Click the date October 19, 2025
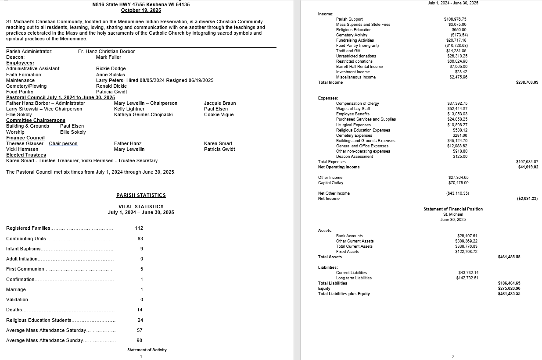pos(141,10)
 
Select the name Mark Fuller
pos(108,57)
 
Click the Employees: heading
pos(20,63)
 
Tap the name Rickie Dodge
pos(111,68)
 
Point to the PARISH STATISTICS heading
pos(141,195)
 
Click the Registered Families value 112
pos(139,228)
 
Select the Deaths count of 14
pos(140,310)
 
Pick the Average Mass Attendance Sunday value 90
pos(139,340)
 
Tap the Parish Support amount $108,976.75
pos(455,19)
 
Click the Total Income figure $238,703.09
pos(527,82)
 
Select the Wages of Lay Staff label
pos(353,109)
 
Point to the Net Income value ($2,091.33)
pos(527,199)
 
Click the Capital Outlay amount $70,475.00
pos(458,183)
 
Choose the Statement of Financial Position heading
pos(453,209)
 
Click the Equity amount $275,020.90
pos(509,289)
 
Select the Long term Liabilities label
pos(354,278)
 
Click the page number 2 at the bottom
pos(453,356)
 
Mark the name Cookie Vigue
pos(219,114)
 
